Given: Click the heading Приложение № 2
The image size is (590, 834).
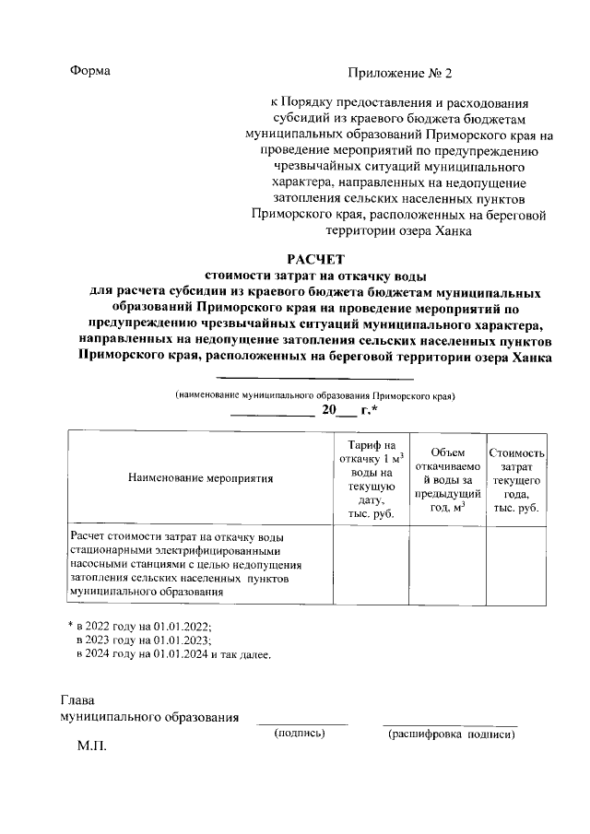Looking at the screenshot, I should pyautogui.click(x=401, y=72).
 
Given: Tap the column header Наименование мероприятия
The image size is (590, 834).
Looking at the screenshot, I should pyautogui.click(x=201, y=478).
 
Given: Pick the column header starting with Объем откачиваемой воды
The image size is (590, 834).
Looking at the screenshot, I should pyautogui.click(x=446, y=478).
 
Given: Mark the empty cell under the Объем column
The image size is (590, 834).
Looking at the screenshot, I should pyautogui.click(x=446, y=564).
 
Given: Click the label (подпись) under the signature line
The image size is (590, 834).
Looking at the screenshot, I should pyautogui.click(x=301, y=734).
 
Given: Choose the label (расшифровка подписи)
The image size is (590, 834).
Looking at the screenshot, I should pyautogui.click(x=452, y=734).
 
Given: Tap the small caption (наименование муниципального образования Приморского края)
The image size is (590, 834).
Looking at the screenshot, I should pyautogui.click(x=316, y=394).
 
